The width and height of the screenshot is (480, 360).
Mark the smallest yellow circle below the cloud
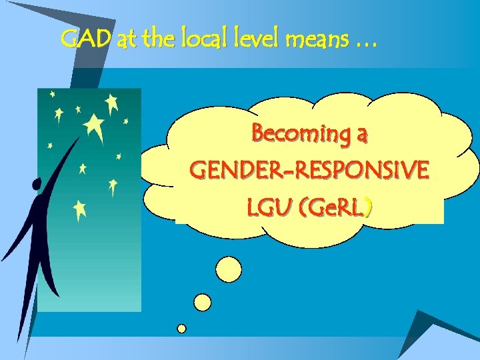pos(181,328)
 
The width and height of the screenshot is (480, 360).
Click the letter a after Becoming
pos(361,135)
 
